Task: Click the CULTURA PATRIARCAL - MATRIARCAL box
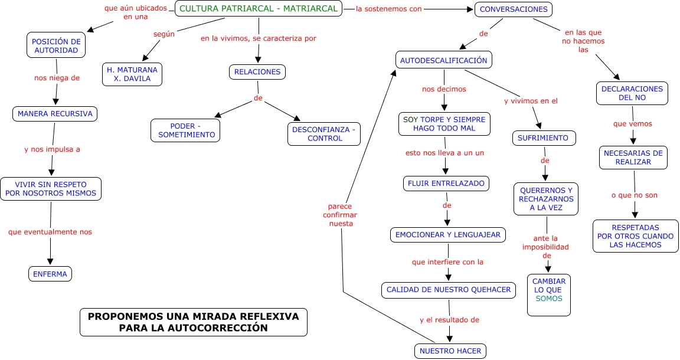coord(259,9)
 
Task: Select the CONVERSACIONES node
coord(514,9)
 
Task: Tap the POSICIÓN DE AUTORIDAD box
coord(56,45)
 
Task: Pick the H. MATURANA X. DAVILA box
coord(132,74)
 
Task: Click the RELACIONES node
coord(257,72)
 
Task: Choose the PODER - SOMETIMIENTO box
coord(186,130)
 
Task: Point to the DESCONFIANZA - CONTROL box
coord(324,134)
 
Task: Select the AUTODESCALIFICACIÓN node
coord(443,60)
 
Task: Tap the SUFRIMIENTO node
coord(543,138)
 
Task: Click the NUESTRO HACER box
coord(450,351)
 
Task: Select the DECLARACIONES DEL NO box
coord(632,93)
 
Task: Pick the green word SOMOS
coord(549,299)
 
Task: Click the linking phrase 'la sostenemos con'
coord(388,9)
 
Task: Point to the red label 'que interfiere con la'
coord(447,261)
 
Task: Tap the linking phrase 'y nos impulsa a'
coord(52,149)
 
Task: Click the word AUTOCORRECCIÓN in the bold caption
coord(223,328)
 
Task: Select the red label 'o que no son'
coord(635,195)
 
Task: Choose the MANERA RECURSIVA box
coord(55,114)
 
